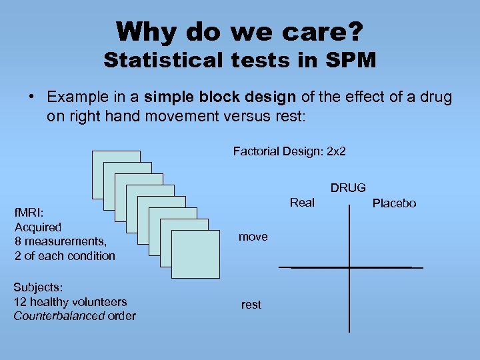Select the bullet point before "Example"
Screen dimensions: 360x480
(x=32, y=97)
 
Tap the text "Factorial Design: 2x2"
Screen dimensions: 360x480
(x=289, y=151)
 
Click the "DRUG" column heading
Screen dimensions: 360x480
(x=348, y=188)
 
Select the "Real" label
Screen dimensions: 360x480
(x=302, y=203)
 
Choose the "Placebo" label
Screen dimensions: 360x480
(x=393, y=203)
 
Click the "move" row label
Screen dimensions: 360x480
(x=253, y=237)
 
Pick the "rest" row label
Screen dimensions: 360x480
(x=251, y=305)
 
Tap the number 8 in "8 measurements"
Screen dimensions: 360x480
(x=18, y=242)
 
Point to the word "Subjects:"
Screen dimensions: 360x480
(x=38, y=287)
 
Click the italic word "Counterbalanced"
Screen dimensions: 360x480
(x=56, y=315)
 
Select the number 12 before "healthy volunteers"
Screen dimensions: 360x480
(x=19, y=301)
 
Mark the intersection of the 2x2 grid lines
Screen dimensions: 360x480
(x=349, y=267)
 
